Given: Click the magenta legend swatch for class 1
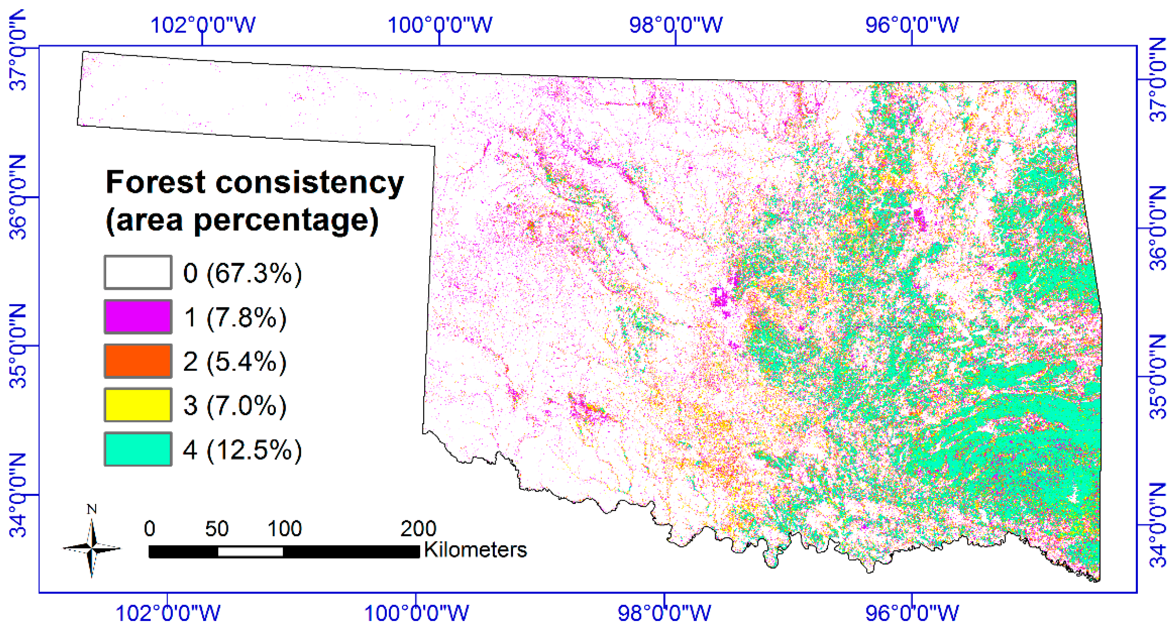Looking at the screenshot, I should tap(138, 316).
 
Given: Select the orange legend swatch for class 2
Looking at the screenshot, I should tap(138, 361).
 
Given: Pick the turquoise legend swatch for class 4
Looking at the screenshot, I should tap(138, 449).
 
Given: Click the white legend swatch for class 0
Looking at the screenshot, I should tap(138, 273).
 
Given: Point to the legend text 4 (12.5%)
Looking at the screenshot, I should tap(242, 450).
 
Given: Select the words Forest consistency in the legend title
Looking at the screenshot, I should tap(255, 183).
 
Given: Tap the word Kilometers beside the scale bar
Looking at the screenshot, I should tap(475, 549).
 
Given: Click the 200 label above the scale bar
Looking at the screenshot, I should tap(418, 529).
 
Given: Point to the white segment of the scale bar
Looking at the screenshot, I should tap(250, 551).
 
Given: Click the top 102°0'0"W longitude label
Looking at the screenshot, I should tap(203, 25).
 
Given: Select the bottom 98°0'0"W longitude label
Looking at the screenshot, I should tap(664, 613).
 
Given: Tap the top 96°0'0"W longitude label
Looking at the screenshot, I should tap(912, 25).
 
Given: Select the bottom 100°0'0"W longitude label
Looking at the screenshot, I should tap(416, 613).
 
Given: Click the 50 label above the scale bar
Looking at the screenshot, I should tap(217, 529).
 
